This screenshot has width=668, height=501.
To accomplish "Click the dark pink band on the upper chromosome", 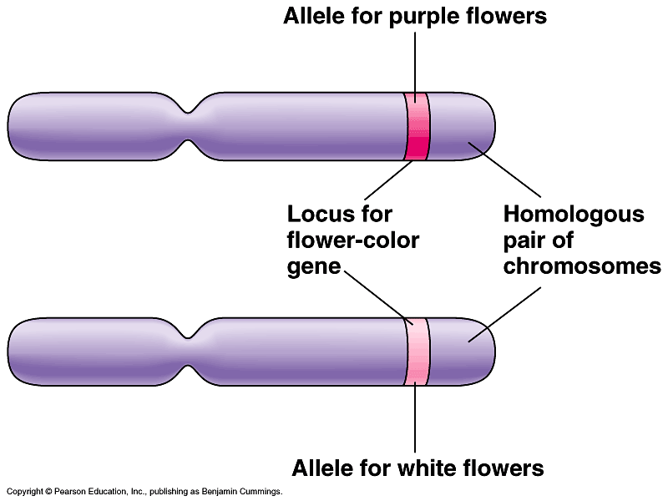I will [417, 127].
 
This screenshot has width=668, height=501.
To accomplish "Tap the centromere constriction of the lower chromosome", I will [193, 351].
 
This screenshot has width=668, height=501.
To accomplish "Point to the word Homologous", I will [573, 215].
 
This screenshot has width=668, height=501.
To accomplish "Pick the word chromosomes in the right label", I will [582, 267].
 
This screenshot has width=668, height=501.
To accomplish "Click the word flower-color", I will [352, 241].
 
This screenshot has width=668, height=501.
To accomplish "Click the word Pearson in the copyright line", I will [69, 493].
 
